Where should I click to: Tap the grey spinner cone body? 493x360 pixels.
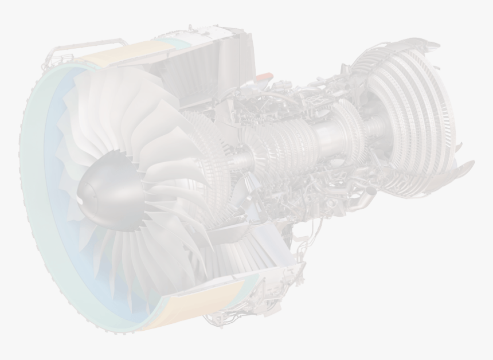(x=109, y=187)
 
